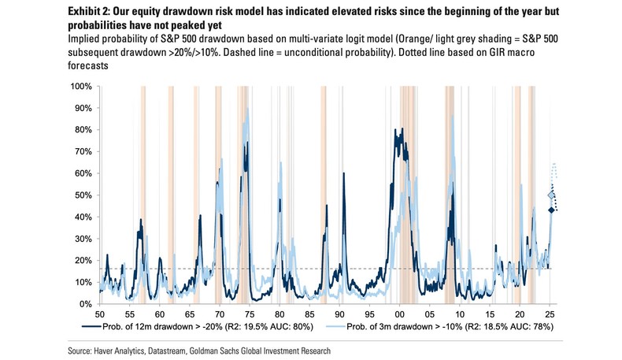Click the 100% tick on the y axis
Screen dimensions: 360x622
pos(82,86)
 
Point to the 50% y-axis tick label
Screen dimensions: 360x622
pos(83,195)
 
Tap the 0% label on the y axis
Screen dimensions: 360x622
pos(86,304)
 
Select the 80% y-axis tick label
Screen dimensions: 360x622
pos(83,129)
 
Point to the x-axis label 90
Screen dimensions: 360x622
pos(339,313)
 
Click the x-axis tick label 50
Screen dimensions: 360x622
pos(99,313)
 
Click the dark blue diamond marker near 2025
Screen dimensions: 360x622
pos(551,210)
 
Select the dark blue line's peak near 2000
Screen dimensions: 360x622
pos(397,130)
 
